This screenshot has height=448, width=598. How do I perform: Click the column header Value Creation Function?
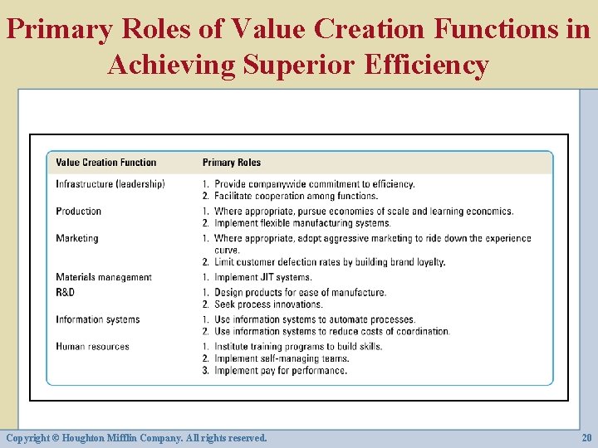point(105,163)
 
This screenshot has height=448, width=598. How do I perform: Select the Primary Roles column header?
point(231,163)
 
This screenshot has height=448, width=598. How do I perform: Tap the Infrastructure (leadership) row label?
point(110,183)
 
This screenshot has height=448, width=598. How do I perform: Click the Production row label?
point(78,212)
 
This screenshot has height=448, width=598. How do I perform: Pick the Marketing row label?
point(76,238)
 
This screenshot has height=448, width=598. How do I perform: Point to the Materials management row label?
point(104,277)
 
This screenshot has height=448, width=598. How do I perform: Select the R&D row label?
point(65,292)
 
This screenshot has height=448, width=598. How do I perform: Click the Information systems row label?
point(97,319)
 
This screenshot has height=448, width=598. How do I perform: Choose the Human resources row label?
point(92,346)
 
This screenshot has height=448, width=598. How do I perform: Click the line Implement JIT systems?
point(262,277)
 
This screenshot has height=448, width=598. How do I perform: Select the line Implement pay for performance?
point(280,371)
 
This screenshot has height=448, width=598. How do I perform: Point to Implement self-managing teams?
point(281,358)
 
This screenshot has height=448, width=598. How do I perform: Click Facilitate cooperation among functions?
point(295,196)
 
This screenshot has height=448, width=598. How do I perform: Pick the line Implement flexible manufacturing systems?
point(301,223)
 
